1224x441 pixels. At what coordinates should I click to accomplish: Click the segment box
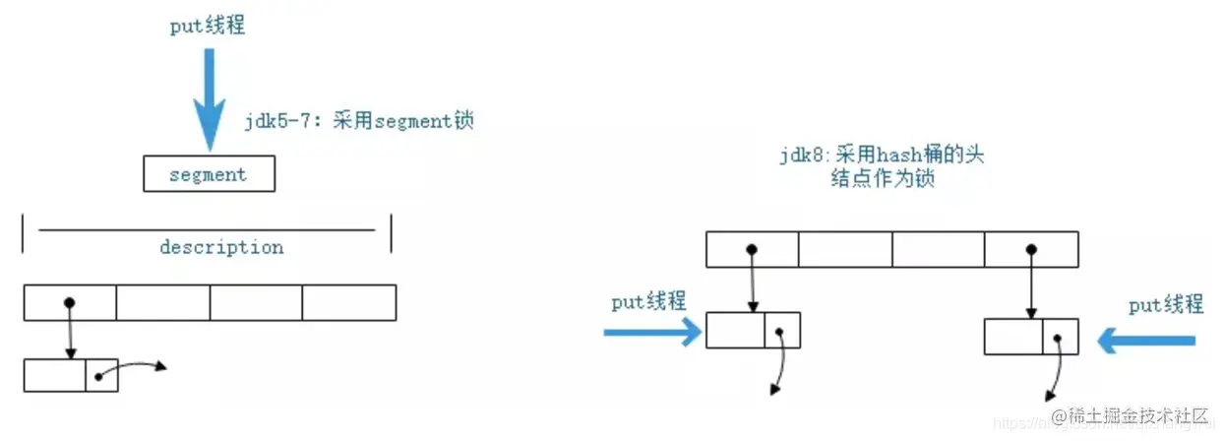tap(208, 174)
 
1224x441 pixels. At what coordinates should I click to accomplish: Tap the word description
tap(221, 247)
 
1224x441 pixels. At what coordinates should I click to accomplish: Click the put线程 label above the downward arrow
tap(208, 27)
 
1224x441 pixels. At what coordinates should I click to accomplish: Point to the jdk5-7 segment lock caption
tap(359, 123)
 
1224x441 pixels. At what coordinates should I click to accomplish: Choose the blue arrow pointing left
tap(1147, 341)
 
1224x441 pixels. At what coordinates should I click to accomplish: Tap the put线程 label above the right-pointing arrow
tap(648, 302)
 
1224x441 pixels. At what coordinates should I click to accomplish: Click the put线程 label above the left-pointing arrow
tap(1166, 305)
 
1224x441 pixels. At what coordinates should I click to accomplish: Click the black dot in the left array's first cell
tap(69, 302)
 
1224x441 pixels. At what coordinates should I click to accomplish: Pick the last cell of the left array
tap(348, 302)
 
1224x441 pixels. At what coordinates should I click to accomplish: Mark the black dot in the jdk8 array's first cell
tap(752, 249)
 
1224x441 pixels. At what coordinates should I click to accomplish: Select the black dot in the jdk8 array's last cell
tap(1030, 249)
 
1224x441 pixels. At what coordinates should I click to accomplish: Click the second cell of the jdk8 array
tap(845, 249)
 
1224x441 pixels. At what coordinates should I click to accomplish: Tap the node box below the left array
tap(71, 375)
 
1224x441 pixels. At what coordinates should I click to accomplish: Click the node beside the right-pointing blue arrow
tap(753, 331)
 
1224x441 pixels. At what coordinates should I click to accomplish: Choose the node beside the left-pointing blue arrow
tap(1031, 337)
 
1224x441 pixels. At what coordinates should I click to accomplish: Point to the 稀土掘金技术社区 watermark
tap(1129, 416)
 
